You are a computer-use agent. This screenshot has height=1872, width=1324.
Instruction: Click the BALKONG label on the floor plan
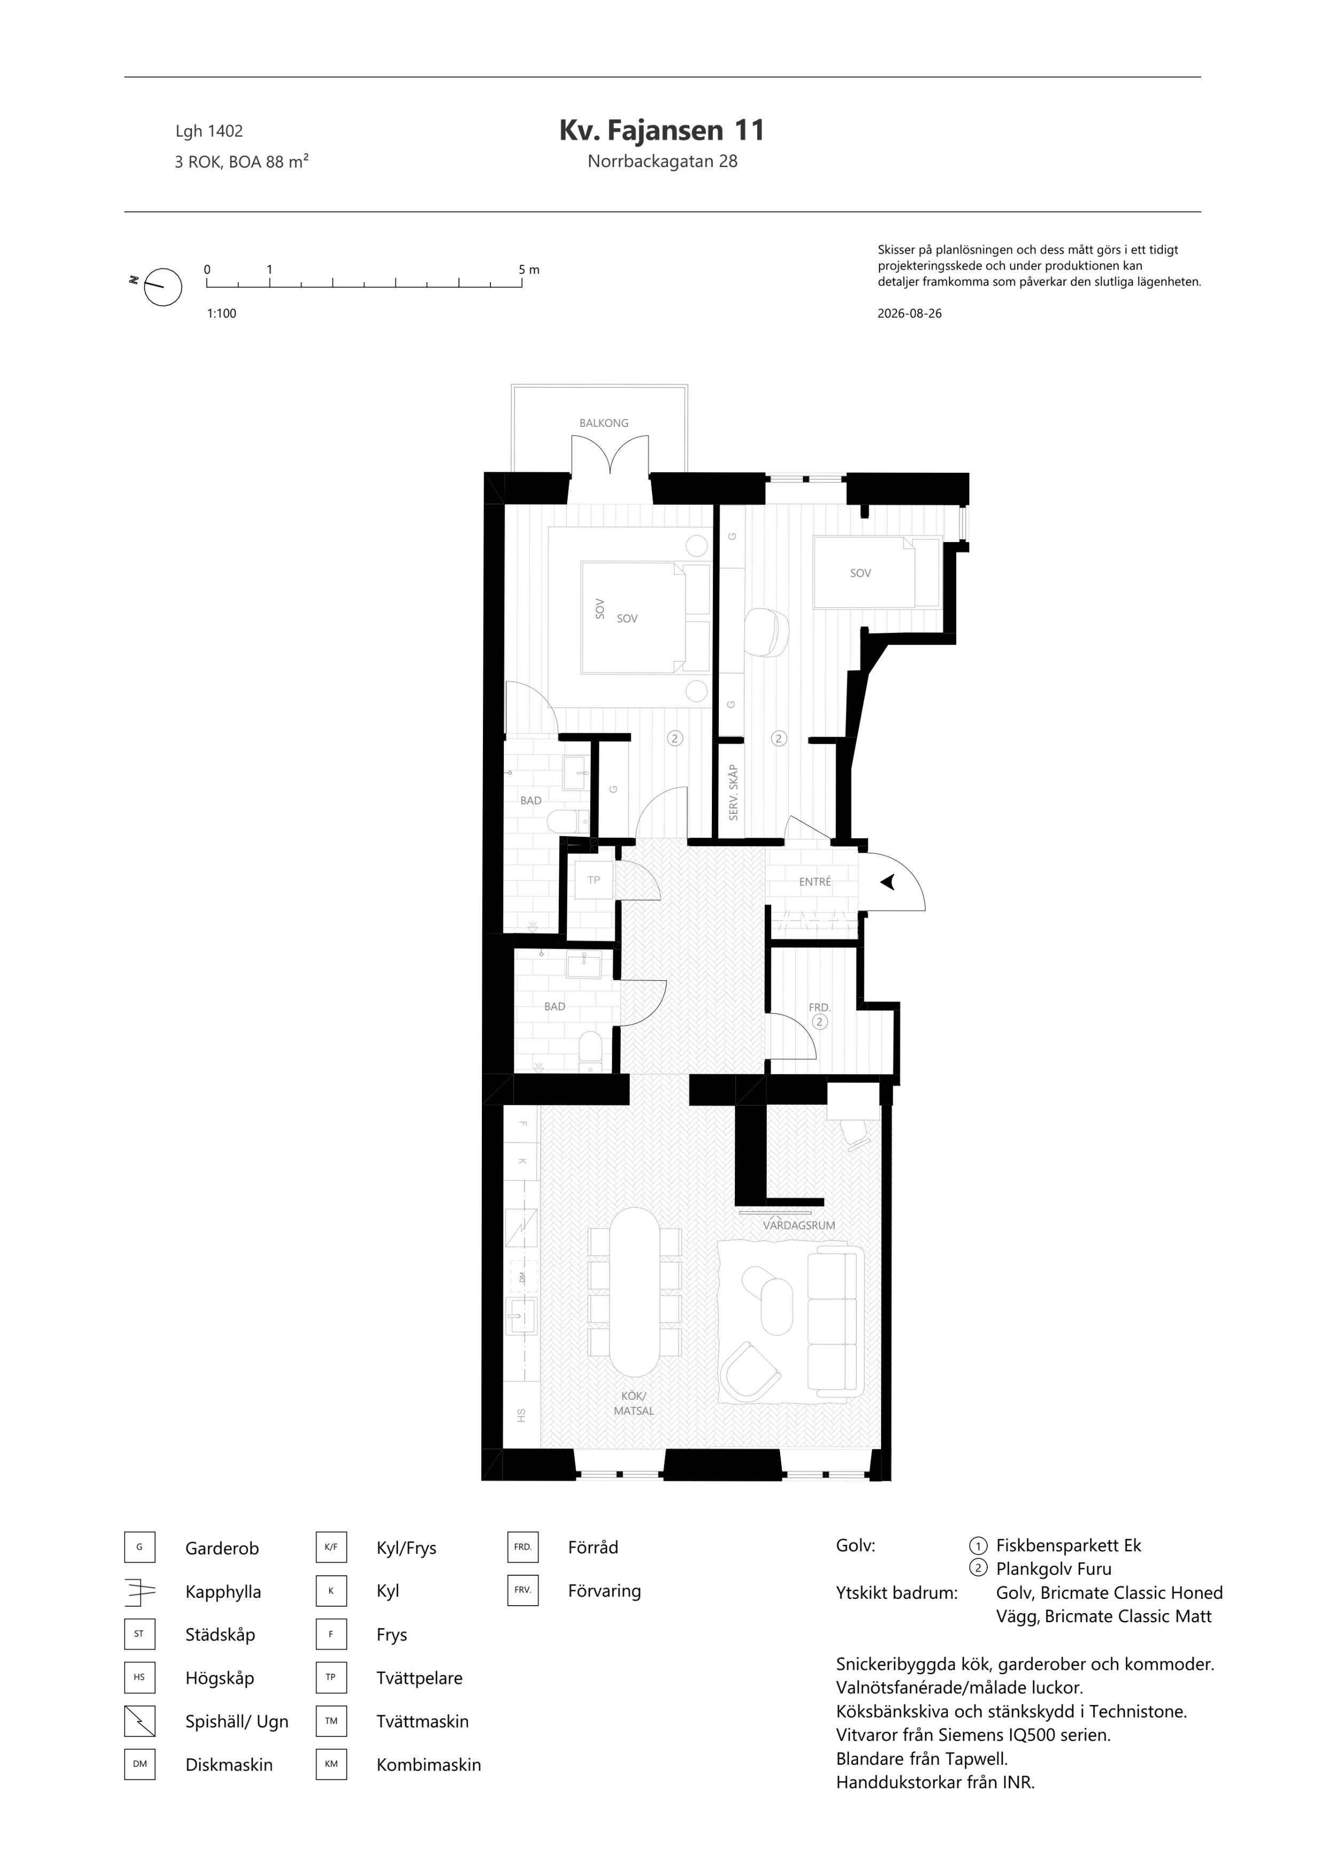coord(604,423)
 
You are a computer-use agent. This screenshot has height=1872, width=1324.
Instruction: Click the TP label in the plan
coord(593,880)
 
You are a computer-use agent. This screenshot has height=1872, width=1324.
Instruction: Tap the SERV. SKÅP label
coord(733,792)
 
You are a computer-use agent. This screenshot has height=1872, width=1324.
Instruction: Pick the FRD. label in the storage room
coord(819,1008)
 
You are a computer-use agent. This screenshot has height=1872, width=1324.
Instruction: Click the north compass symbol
coord(162,287)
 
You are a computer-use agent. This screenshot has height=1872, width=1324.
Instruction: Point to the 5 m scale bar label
coord(528,270)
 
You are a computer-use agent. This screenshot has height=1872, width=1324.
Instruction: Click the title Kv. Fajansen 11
coord(662,130)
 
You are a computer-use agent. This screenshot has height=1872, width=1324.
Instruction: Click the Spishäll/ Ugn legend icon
coord(139,1721)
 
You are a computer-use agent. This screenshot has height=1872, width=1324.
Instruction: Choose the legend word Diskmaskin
coord(229,1764)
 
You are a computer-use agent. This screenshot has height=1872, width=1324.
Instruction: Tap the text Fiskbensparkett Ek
coord(1068,1545)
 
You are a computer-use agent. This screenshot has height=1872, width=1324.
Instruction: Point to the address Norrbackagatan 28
coord(662,162)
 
